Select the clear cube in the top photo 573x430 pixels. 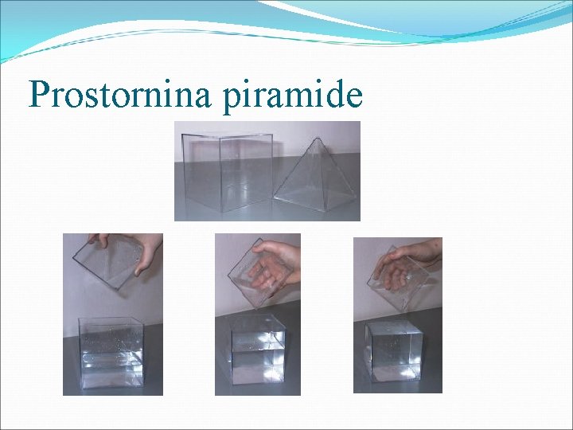click(x=224, y=172)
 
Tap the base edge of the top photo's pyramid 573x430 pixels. click(x=315, y=209)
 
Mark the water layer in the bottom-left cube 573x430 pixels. click(x=111, y=369)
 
